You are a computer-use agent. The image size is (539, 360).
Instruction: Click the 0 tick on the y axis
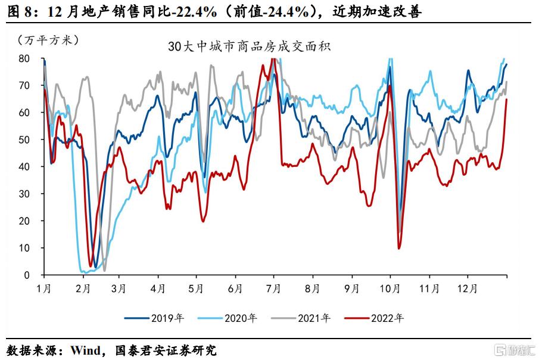click(x=27, y=275)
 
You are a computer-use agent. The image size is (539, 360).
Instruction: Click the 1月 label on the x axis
click(x=44, y=288)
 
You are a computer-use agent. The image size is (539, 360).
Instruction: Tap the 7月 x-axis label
click(x=273, y=288)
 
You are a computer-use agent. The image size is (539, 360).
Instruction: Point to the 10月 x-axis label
click(x=390, y=288)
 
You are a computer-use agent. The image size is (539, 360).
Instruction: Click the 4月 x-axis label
click(x=158, y=288)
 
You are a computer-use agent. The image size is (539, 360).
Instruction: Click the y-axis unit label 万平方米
click(x=48, y=41)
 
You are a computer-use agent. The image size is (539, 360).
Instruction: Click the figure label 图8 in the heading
click(x=20, y=11)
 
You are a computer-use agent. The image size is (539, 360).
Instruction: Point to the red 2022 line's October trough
click(x=398, y=248)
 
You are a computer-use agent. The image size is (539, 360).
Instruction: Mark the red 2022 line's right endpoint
click(x=507, y=100)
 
